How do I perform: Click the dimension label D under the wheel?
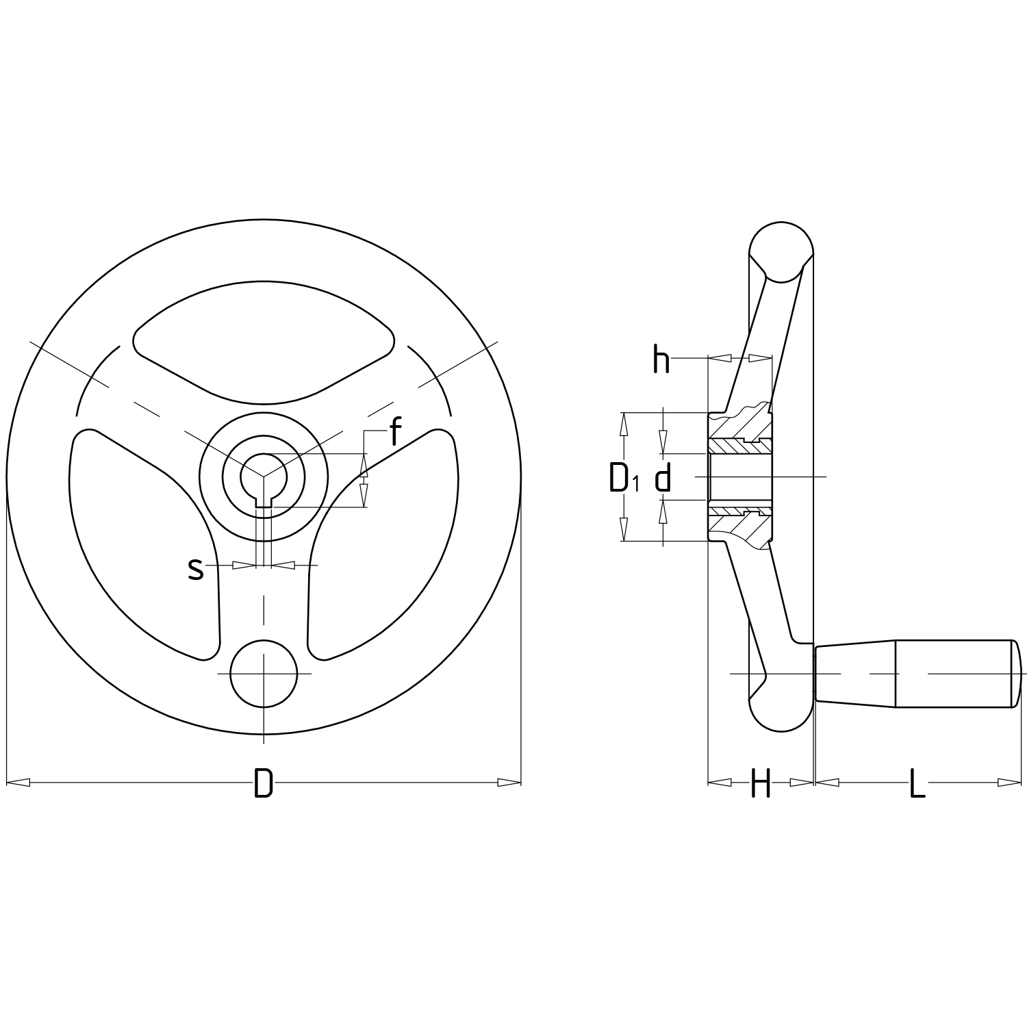click(264, 784)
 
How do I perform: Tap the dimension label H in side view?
click(761, 784)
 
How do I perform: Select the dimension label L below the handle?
click(917, 784)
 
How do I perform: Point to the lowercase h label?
click(661, 360)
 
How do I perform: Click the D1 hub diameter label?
click(623, 478)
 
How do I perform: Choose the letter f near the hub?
click(394, 433)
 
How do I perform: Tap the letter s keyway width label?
click(196, 568)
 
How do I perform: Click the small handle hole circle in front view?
click(264, 674)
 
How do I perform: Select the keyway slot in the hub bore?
click(264, 502)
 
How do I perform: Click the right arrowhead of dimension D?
click(509, 782)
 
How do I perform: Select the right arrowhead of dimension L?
click(1009, 782)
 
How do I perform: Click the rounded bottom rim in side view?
click(782, 712)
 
